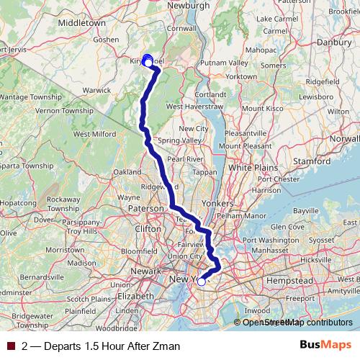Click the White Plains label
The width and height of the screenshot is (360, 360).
[x=250, y=167]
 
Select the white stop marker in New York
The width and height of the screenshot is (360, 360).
[x=202, y=282]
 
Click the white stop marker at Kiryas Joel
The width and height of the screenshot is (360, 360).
[x=148, y=63]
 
